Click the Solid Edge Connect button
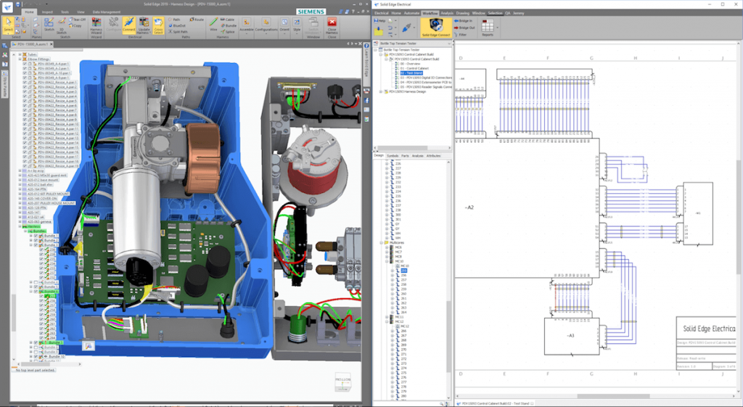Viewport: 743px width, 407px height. coord(435,29)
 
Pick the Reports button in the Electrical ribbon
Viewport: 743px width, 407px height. coord(488,29)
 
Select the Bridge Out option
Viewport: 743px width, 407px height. coord(464,28)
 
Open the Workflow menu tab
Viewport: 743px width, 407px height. coord(430,13)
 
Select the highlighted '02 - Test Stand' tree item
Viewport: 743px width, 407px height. coord(412,73)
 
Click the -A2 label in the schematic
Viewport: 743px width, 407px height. coord(469,207)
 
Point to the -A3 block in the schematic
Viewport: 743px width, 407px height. coord(570,335)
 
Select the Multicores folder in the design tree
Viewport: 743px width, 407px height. coord(403,242)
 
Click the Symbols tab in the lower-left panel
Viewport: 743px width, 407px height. coord(392,156)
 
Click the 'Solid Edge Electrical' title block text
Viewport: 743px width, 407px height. coord(707,329)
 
